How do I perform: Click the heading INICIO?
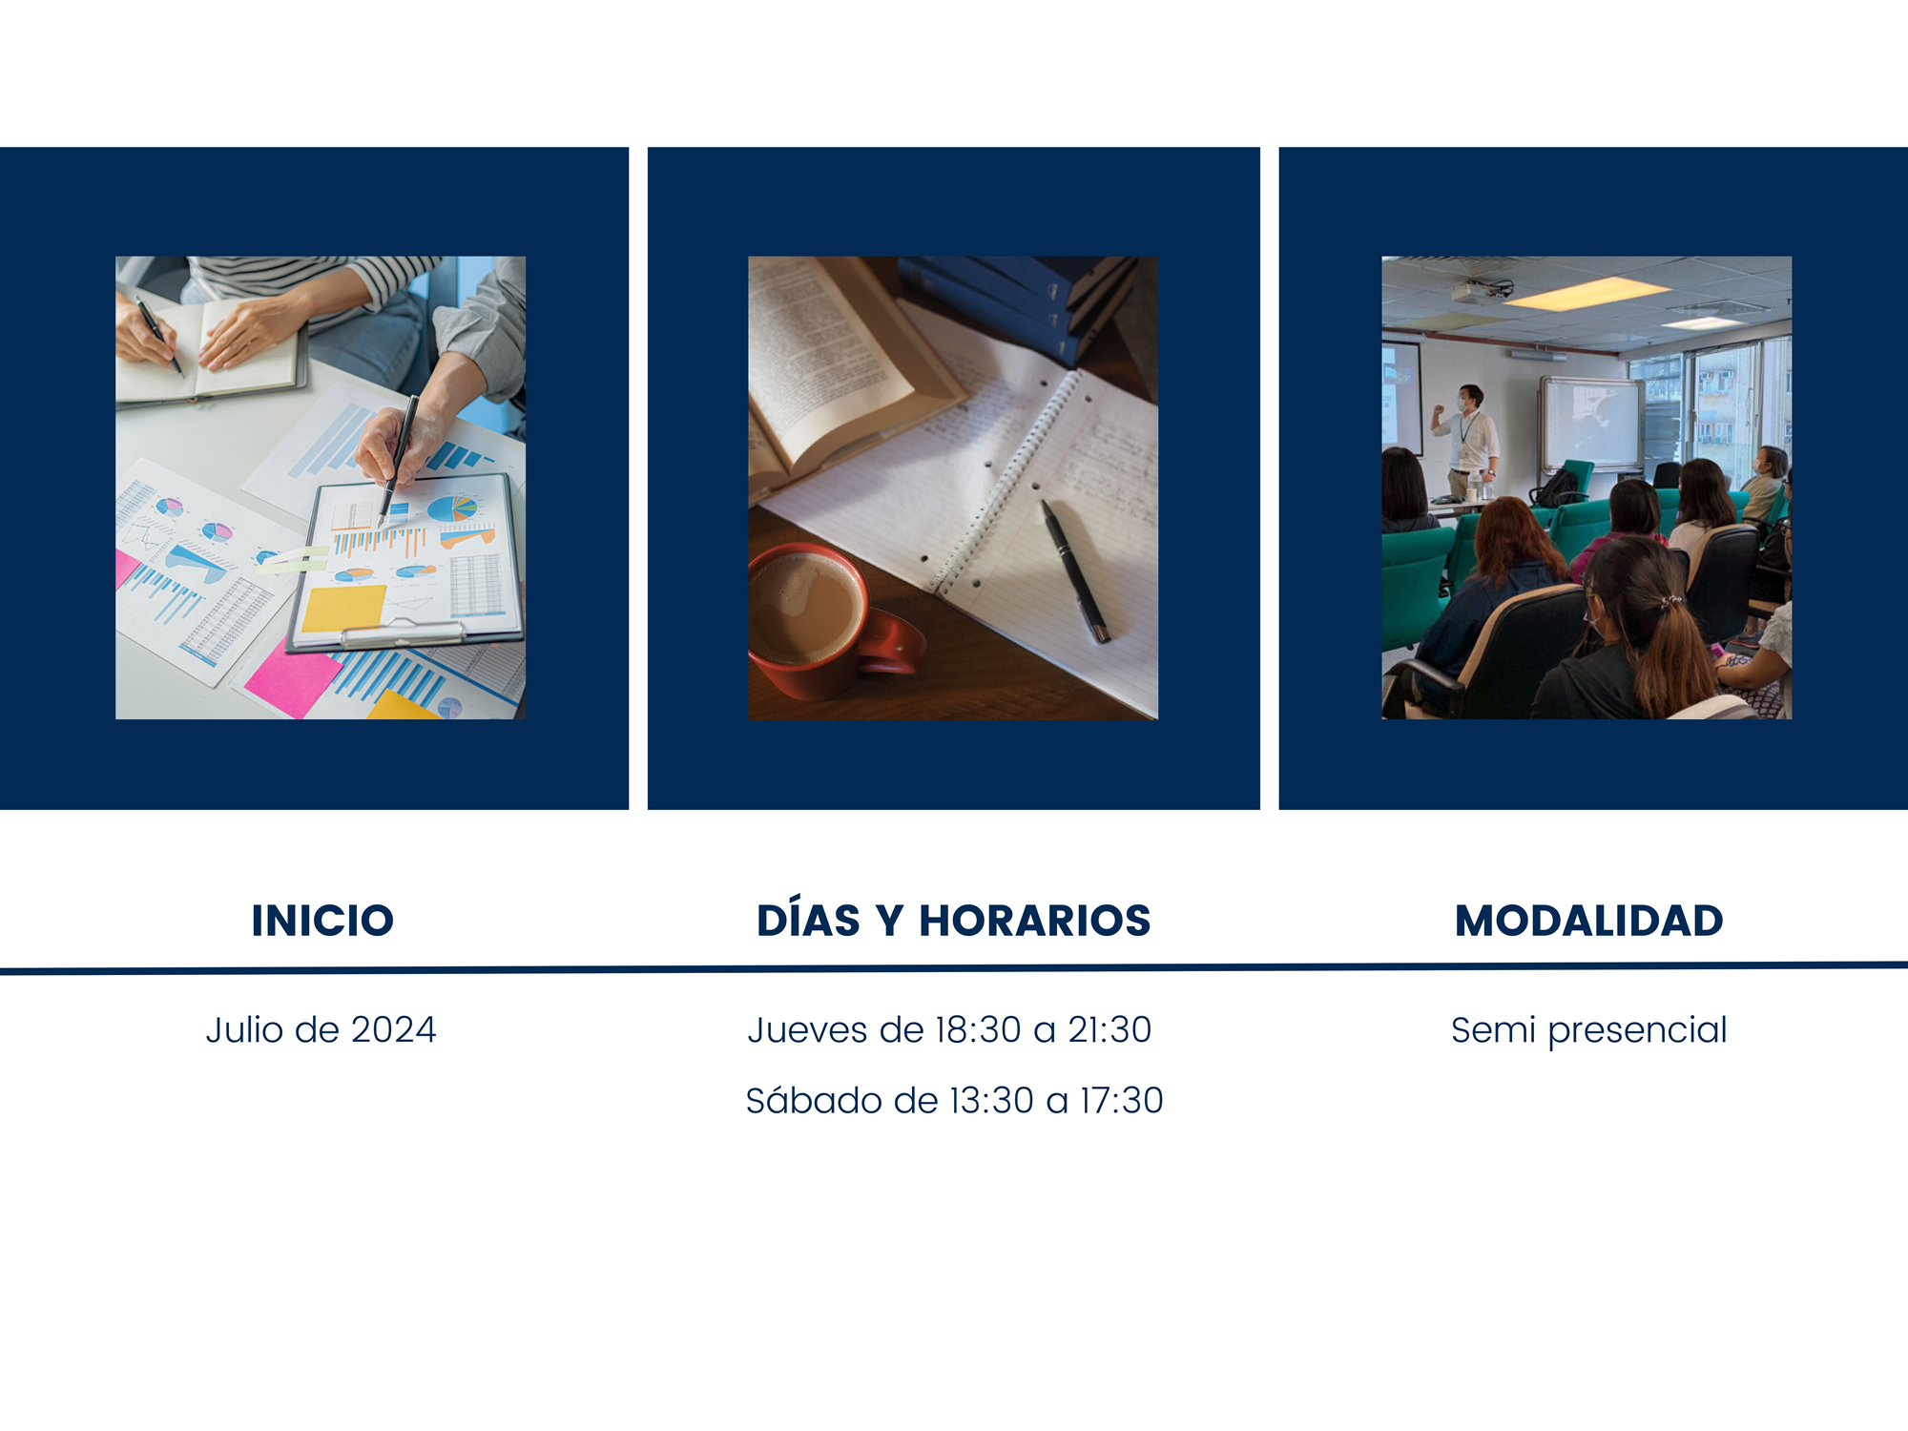pos(322,921)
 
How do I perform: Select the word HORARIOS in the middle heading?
pos(1035,921)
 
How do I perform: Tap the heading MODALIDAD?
pos(1589,921)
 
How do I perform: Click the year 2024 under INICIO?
pos(393,1030)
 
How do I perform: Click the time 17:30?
pos(1121,1101)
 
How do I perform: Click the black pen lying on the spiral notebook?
pos(1075,570)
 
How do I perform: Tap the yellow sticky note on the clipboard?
pos(343,608)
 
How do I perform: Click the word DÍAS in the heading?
pos(808,919)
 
